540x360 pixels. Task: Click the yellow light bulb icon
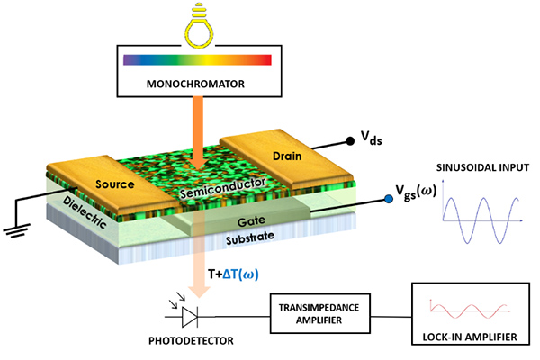click(x=199, y=22)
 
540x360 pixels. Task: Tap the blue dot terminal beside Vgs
click(x=388, y=200)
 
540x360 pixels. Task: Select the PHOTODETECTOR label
click(x=188, y=346)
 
